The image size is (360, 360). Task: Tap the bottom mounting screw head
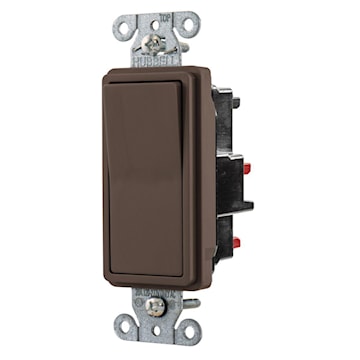pyautogui.click(x=156, y=309)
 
